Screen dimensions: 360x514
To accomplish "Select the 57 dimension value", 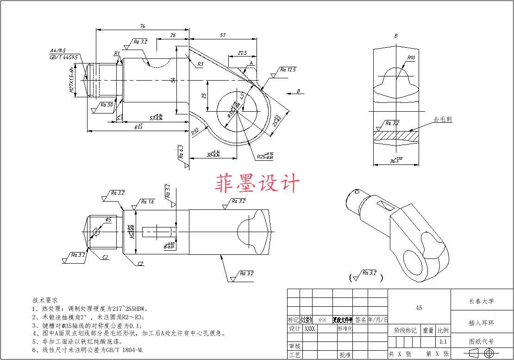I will point(223,35).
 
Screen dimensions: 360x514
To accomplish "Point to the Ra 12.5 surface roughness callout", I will point(288,70).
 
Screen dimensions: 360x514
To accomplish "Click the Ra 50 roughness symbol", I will point(107,105).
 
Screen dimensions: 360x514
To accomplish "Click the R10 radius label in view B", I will point(411,58).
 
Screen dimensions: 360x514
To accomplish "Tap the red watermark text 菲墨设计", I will point(257,183).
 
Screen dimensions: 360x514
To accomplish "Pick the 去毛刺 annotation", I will point(442,119).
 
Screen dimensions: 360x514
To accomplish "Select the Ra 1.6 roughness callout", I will point(147,202).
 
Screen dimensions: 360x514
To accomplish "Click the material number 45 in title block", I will point(419,308).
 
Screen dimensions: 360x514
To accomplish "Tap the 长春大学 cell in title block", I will point(481,301).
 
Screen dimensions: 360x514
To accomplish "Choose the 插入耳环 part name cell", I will point(481,322).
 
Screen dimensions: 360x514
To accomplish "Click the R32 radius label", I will point(195,132).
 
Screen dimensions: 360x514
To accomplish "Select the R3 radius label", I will point(200,64).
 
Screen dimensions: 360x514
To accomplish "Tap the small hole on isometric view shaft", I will point(356,191).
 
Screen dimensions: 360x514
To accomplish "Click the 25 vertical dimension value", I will point(203,95).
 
